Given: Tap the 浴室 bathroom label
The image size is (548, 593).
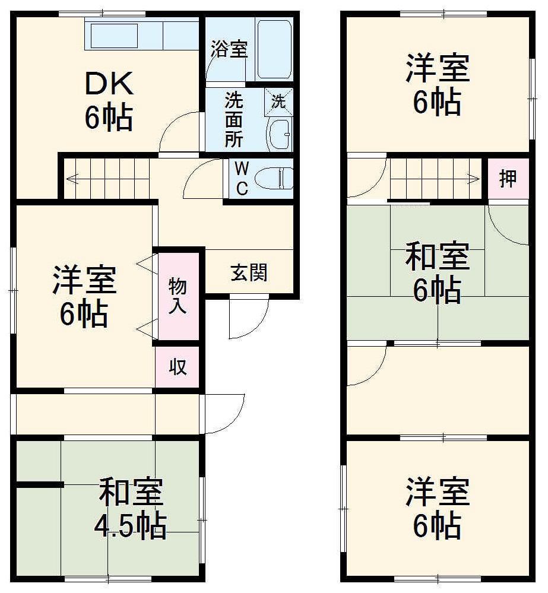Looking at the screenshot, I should click(x=229, y=50).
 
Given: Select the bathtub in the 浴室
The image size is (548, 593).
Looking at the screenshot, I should click(x=274, y=49).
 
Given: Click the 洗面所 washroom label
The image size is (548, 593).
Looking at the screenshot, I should click(x=233, y=119).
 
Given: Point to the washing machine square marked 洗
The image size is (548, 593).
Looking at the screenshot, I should click(x=278, y=101).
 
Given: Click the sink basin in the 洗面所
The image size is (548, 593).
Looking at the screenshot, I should click(x=279, y=135).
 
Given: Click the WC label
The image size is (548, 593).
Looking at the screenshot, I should click(x=242, y=178).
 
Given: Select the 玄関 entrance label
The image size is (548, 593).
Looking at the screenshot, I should click(x=249, y=272).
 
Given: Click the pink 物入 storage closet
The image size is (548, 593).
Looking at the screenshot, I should click(x=178, y=296).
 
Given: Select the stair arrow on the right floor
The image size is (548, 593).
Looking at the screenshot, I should click(x=473, y=177).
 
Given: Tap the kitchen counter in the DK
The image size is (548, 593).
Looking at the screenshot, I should click(x=142, y=36).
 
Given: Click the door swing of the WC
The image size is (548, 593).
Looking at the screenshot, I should click(x=202, y=178).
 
